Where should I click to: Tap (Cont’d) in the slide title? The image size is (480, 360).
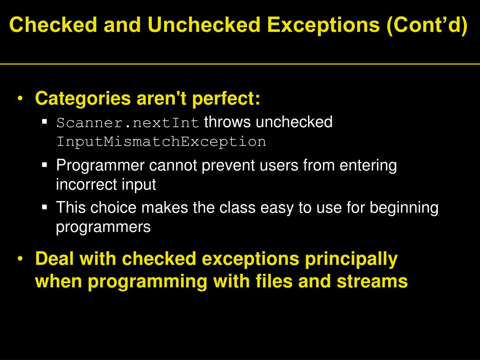[427, 25]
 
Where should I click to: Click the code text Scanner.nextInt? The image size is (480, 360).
[128, 123]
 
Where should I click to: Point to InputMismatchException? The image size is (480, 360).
[161, 142]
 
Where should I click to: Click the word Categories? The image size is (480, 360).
[83, 98]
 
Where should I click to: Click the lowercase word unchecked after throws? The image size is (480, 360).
[294, 122]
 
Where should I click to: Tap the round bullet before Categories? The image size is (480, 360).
[20, 99]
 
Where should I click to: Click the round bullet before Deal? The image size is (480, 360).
[20, 259]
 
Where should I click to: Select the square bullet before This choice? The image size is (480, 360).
[45, 207]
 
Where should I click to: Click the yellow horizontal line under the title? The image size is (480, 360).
[240, 63]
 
